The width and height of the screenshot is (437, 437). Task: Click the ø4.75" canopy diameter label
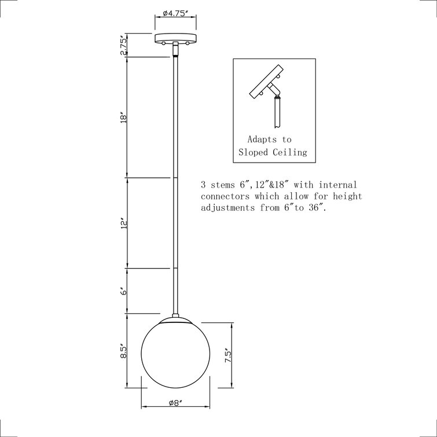pos(175,12)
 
